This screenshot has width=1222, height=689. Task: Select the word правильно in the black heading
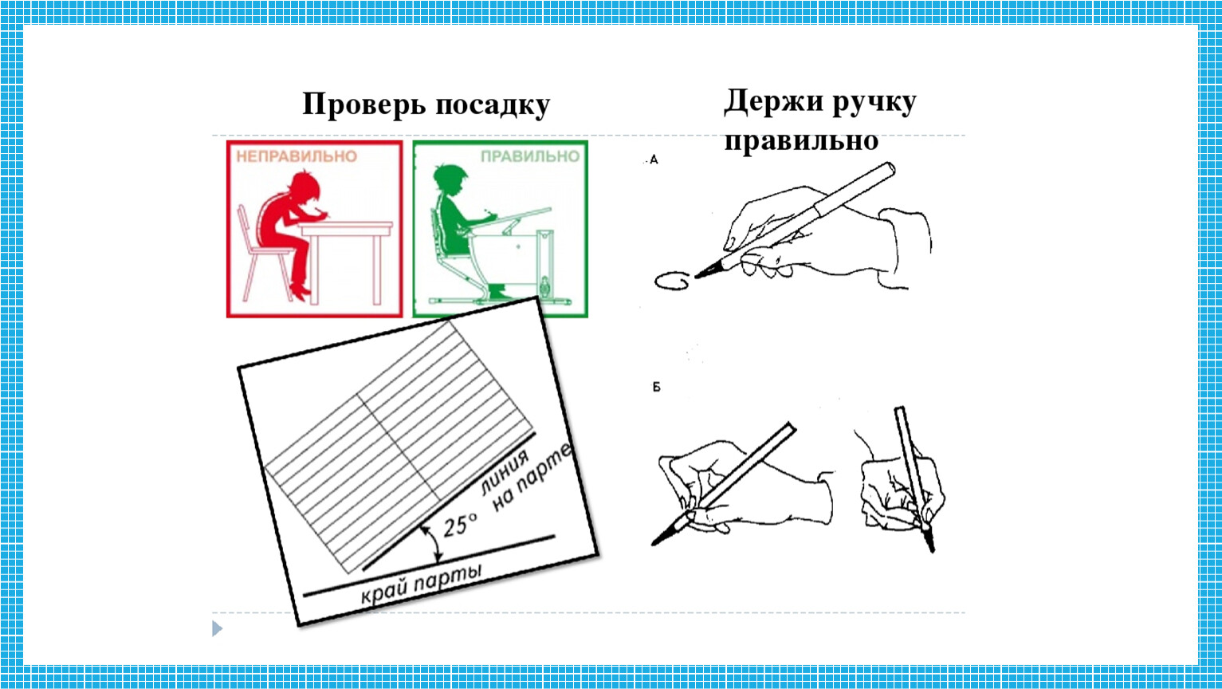point(801,140)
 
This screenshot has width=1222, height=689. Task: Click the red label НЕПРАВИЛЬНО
point(297,156)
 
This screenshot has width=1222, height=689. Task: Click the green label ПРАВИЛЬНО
point(530,156)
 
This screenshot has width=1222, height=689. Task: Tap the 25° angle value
point(460,526)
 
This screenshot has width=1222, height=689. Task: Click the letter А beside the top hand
point(654,160)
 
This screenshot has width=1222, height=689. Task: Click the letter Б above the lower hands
point(656,387)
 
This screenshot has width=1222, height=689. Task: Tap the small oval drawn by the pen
point(671,281)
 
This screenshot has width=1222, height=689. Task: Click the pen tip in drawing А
point(696,278)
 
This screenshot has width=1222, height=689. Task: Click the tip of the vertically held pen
point(933,551)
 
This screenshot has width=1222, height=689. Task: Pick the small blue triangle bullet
point(217,628)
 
